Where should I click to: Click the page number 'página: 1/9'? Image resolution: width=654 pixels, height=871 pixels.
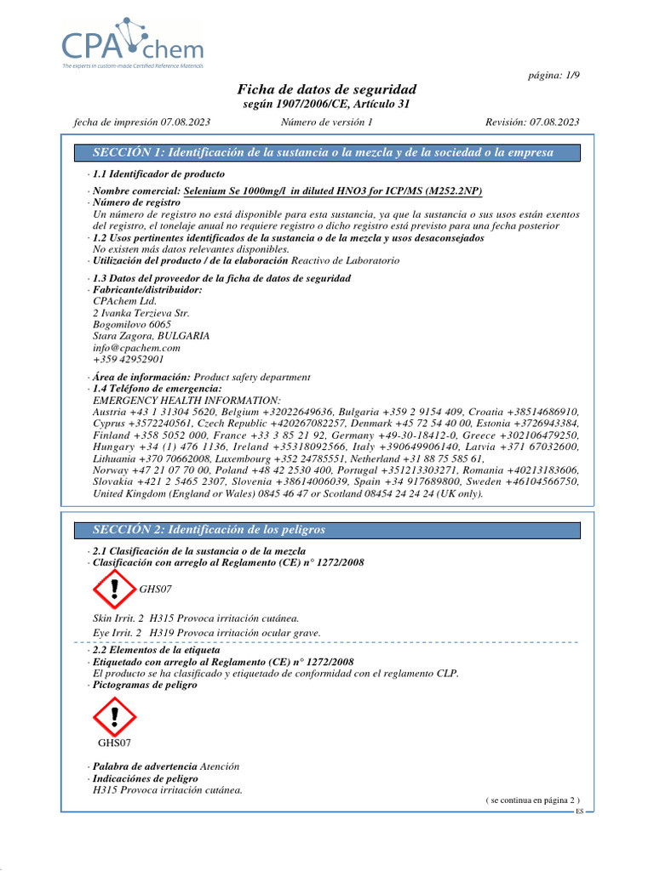tap(554, 76)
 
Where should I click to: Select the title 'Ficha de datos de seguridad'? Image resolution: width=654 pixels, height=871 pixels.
tap(327, 89)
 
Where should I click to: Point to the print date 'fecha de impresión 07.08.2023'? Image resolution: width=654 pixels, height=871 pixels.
tap(142, 122)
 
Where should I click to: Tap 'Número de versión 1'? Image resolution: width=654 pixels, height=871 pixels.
tap(327, 122)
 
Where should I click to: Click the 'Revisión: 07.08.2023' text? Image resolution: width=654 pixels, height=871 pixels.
tap(532, 122)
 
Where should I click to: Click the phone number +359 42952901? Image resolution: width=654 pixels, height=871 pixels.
tap(128, 360)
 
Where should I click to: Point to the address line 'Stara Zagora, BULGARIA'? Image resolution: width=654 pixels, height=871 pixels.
tap(151, 336)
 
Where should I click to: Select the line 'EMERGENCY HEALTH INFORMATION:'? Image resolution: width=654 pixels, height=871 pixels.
tap(186, 400)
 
